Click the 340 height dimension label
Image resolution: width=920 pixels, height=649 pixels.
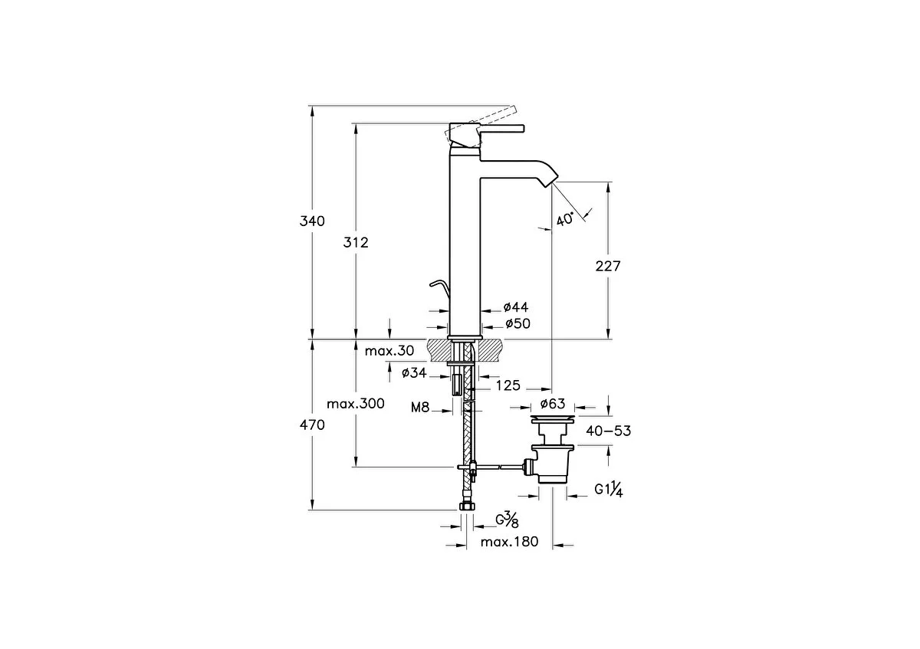tap(312, 221)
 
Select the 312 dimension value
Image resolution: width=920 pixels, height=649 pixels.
tap(356, 243)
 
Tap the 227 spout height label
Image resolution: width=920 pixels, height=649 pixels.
tap(608, 267)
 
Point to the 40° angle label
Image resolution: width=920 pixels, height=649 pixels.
tap(565, 220)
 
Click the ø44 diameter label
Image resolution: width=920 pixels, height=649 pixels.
tap(516, 307)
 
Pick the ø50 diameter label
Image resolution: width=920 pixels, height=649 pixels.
tap(517, 324)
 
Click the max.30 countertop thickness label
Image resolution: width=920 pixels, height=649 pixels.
tap(389, 351)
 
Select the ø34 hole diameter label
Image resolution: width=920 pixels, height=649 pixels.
tap(414, 373)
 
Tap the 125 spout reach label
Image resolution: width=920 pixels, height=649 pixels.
tap(508, 385)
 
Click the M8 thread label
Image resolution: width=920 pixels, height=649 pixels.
tap(420, 407)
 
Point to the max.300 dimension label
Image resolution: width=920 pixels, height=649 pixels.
tap(356, 404)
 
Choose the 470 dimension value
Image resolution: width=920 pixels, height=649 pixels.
tap(312, 424)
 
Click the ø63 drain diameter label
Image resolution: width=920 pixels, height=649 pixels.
tap(553, 404)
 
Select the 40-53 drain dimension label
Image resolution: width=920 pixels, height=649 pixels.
tap(608, 431)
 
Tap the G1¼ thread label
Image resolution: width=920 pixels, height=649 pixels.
tap(609, 490)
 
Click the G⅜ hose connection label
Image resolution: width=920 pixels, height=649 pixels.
tap(507, 520)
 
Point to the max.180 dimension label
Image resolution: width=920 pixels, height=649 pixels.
tap(509, 542)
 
